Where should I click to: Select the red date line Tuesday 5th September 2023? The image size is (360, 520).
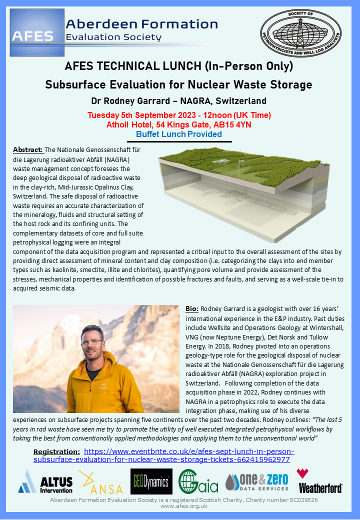179,115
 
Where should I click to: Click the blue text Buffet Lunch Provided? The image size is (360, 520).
179,134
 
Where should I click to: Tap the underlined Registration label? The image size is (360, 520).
56,451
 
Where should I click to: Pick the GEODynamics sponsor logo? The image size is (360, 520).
151,481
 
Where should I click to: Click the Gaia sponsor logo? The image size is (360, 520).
198,481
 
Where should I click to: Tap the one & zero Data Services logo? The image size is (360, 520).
256,481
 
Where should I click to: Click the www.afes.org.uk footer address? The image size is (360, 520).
180,506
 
